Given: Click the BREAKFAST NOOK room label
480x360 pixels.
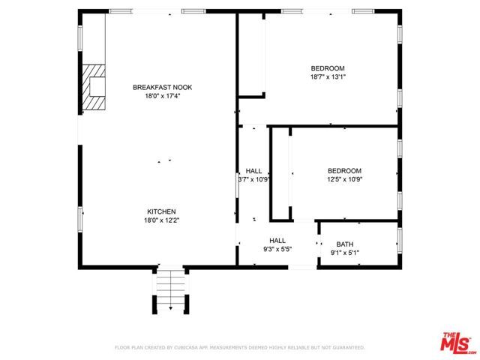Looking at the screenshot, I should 157,88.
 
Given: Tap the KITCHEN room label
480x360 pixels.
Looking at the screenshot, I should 161,211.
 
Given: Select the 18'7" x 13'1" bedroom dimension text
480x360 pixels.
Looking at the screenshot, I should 328,76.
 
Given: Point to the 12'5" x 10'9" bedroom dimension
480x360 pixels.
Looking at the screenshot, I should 344,179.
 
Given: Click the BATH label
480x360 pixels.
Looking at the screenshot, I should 344,244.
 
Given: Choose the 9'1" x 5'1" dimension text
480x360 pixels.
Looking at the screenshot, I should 344,253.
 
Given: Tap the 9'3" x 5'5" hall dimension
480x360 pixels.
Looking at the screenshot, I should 277,249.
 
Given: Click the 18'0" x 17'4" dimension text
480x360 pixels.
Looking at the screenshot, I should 157,96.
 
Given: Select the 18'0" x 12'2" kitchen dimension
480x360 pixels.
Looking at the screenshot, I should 161,220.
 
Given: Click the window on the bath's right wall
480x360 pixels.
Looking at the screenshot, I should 399,241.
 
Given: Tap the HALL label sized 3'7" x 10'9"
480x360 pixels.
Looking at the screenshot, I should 253,171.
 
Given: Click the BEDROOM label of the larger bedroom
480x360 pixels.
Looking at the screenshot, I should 328,68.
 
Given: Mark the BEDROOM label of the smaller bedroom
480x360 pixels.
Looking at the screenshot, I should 344,171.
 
